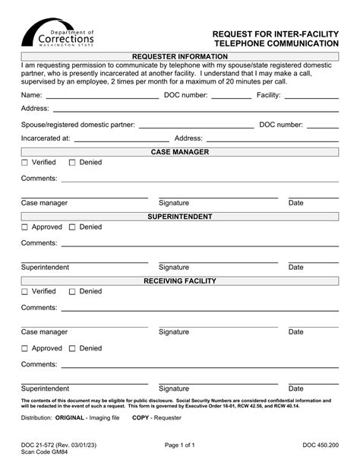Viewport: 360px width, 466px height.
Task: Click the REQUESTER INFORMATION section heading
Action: coord(180,57)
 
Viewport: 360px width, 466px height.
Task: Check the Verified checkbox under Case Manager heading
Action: coord(25,163)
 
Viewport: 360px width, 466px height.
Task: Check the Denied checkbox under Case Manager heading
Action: coord(73,163)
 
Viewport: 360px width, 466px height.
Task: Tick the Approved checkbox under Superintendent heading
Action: coord(25,227)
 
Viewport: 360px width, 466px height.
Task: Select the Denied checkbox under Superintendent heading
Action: coord(73,227)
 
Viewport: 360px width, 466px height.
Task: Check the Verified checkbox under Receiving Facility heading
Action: coord(25,292)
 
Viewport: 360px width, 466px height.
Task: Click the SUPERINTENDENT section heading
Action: coord(180,217)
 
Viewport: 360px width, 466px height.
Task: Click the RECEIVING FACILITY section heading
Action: coord(180,281)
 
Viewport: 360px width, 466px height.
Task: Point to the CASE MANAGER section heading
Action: coord(180,152)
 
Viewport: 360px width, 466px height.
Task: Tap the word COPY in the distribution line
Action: coord(141,418)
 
